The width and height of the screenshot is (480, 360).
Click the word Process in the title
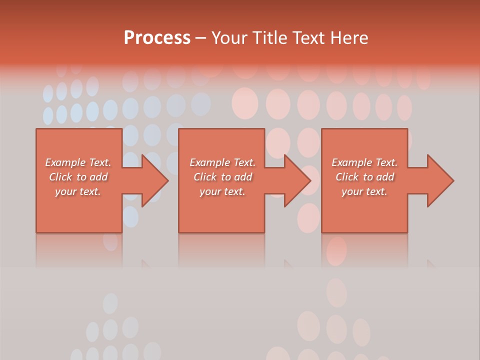[x=157, y=38]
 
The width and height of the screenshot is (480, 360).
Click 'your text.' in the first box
[x=78, y=191]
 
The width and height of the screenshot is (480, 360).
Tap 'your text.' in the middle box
[x=222, y=191]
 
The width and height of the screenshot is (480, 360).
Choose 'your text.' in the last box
[x=364, y=191]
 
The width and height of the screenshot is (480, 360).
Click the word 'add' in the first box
[x=99, y=177]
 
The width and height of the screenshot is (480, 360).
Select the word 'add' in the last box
[x=385, y=177]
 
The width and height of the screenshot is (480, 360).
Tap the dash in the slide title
[x=200, y=38]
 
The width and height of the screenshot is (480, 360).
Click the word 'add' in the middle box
[x=243, y=177]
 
